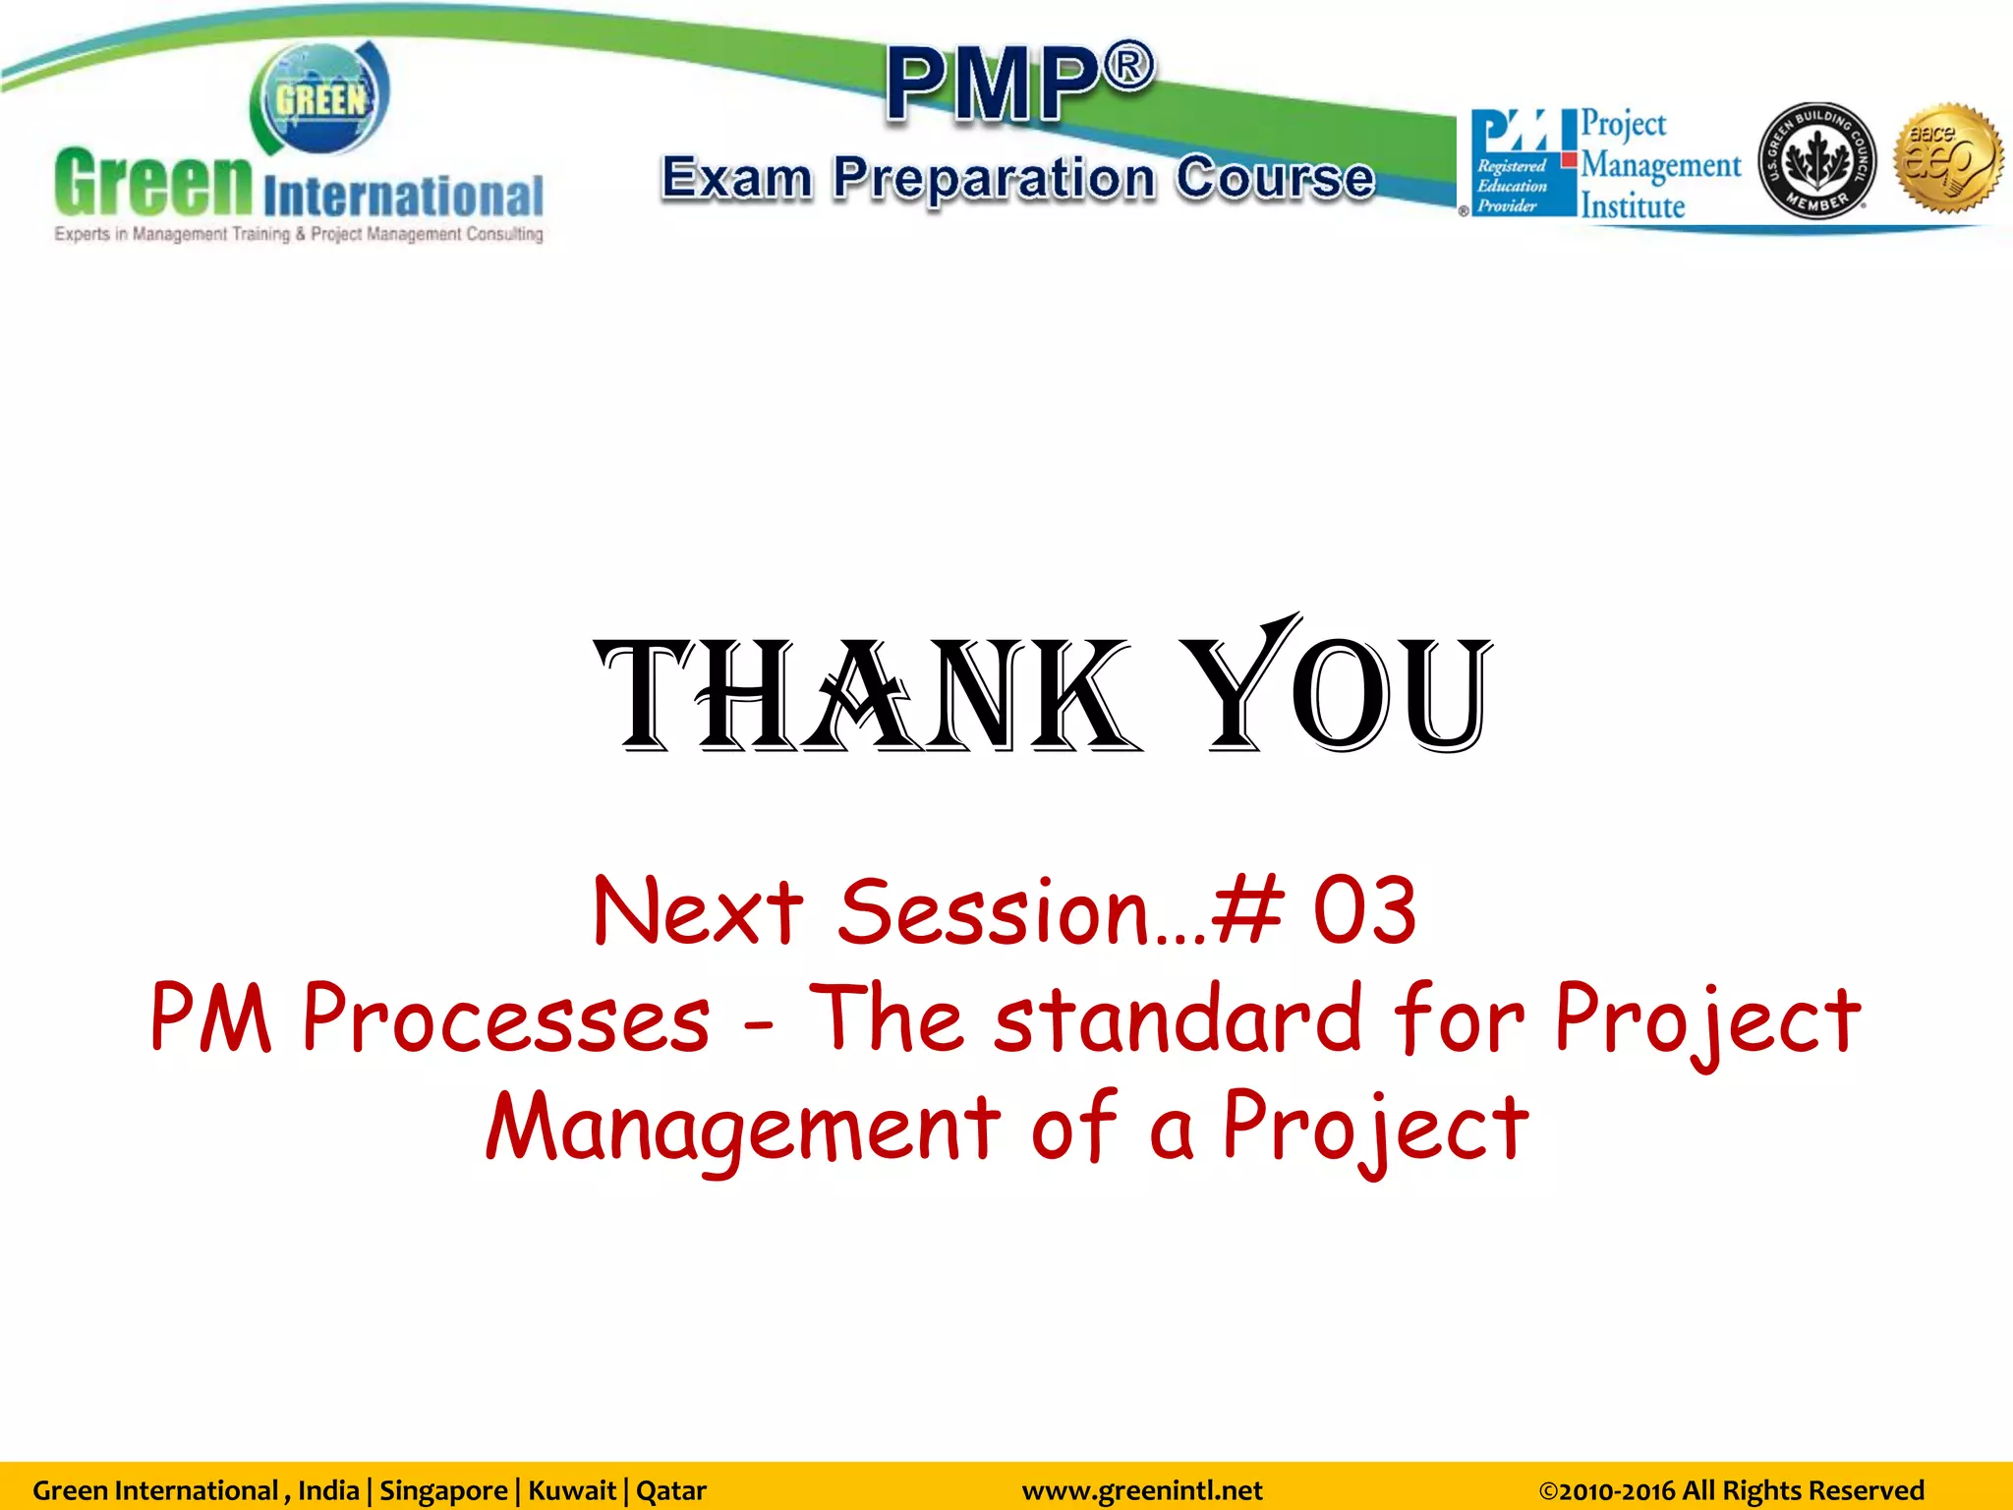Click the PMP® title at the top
click(1019, 84)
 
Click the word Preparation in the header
click(994, 179)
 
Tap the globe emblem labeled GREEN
click(320, 99)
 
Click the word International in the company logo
click(403, 196)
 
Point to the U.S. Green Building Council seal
click(1816, 160)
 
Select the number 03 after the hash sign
click(1364, 911)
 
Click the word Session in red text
click(993, 911)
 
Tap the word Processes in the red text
click(505, 1018)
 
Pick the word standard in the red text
click(1177, 1018)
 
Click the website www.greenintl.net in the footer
click(1141, 1490)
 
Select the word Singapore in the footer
click(443, 1490)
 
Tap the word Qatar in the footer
click(671, 1490)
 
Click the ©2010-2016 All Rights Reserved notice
click(1730, 1490)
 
